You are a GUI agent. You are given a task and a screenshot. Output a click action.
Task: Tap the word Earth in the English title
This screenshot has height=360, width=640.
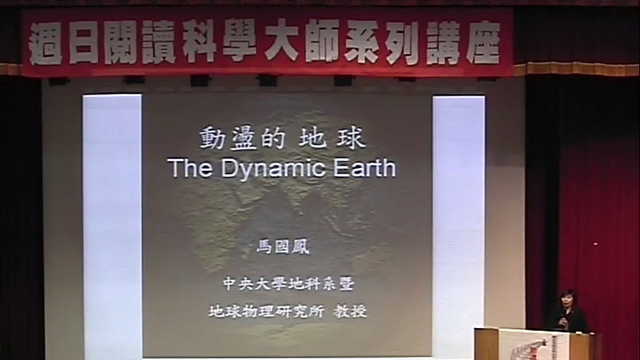click(364, 168)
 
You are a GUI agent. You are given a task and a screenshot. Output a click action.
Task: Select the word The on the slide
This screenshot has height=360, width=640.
click(191, 168)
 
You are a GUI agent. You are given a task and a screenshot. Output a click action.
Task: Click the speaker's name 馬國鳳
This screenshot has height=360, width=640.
click(284, 247)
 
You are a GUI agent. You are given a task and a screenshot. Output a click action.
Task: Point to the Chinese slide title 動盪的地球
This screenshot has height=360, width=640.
click(282, 138)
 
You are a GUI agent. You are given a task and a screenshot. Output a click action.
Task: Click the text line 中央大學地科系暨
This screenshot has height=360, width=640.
click(288, 284)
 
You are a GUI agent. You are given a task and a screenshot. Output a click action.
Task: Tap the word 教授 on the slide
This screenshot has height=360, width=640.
click(350, 311)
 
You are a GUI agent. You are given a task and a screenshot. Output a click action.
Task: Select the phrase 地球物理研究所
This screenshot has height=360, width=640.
click(266, 311)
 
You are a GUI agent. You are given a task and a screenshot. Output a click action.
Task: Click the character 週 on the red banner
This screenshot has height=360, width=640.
click(45, 43)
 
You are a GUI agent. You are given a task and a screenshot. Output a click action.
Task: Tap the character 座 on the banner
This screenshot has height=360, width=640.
click(484, 43)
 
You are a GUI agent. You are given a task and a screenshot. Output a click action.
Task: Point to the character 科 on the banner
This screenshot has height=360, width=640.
click(199, 41)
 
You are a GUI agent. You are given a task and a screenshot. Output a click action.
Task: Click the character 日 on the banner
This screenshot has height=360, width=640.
click(84, 43)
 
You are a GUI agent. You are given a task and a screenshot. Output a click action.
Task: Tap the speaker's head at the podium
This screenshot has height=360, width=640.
click(569, 299)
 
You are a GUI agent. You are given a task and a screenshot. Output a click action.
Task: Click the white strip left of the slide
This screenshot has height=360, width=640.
click(112, 227)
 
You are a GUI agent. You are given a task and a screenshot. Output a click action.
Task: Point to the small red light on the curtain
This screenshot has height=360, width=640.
click(595, 244)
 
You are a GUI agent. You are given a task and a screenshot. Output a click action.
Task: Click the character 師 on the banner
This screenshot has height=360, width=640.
click(323, 41)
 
